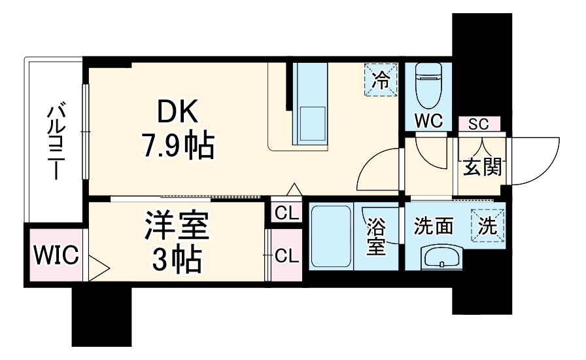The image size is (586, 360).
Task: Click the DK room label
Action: point(176,113)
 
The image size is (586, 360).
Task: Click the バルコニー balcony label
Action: point(54,141)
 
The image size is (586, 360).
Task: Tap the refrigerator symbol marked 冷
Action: point(381,80)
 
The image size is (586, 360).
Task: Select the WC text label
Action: point(428,121)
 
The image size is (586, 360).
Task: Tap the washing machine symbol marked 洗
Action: point(489,225)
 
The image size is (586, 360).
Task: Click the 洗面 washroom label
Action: point(433,226)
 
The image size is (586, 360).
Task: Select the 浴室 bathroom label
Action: point(376,236)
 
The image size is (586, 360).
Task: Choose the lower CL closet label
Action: point(286,255)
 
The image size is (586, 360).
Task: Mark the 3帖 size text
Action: point(176,260)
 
